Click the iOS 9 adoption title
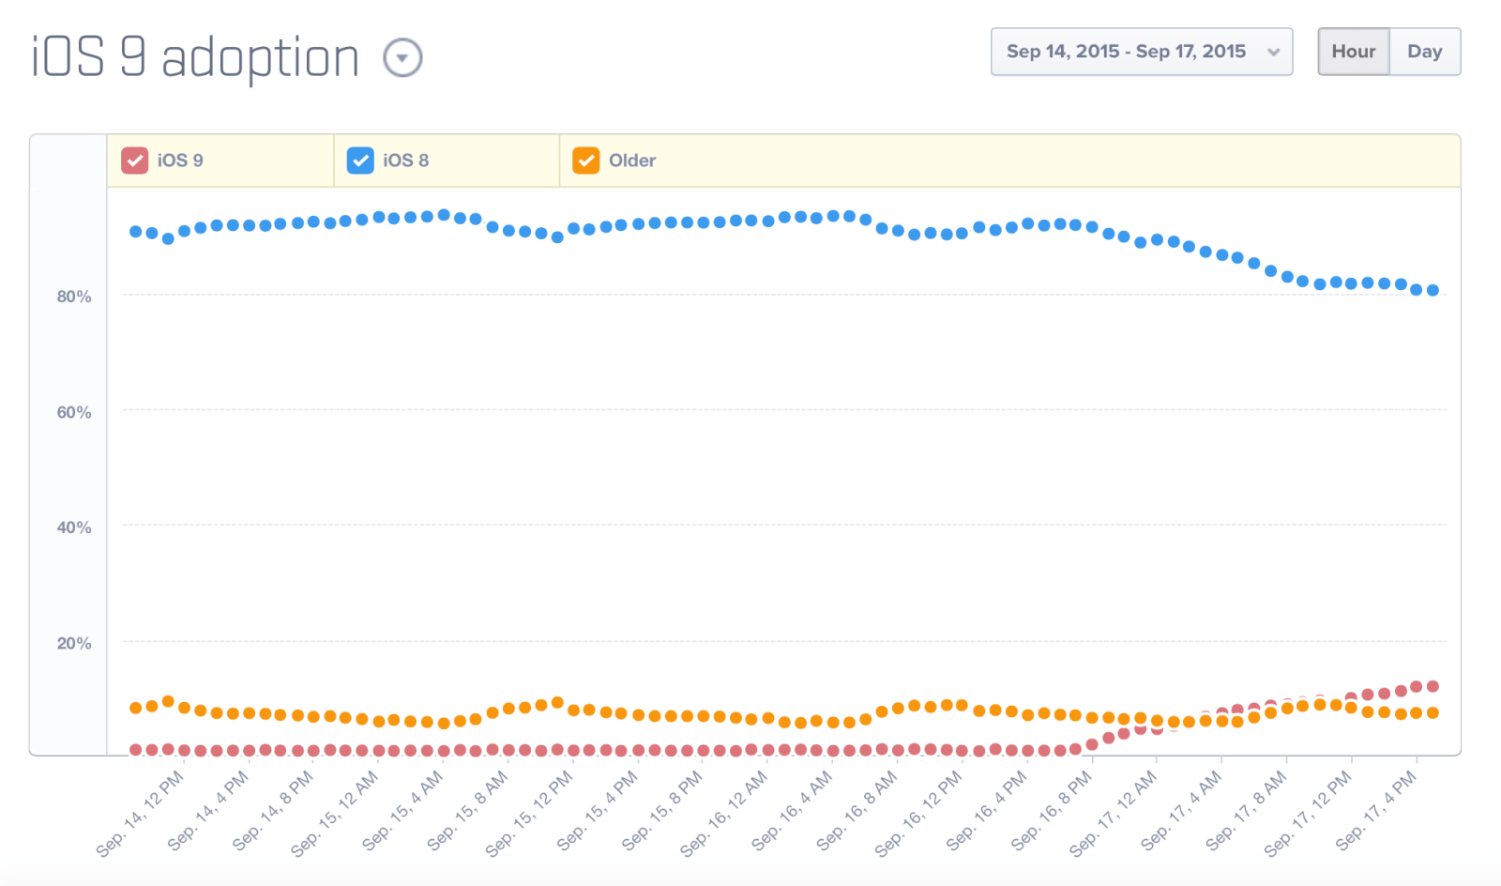pyautogui.click(x=195, y=58)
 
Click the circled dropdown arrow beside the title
pyautogui.click(x=402, y=58)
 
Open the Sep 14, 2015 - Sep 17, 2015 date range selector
pyautogui.click(x=1141, y=52)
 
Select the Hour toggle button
pyautogui.click(x=1353, y=52)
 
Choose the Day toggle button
pyautogui.click(x=1424, y=52)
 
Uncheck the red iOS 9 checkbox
pyautogui.click(x=135, y=160)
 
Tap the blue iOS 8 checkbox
pyautogui.click(x=360, y=160)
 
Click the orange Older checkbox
pyautogui.click(x=586, y=160)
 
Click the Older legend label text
pyautogui.click(x=632, y=160)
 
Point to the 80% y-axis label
pyautogui.click(x=74, y=297)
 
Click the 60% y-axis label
pyautogui.click(x=74, y=412)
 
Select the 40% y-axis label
pyautogui.click(x=74, y=527)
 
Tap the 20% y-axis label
pyautogui.click(x=74, y=643)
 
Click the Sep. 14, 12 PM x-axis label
pyautogui.click(x=141, y=813)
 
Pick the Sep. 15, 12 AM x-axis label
pyautogui.click(x=335, y=813)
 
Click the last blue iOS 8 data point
pyautogui.click(x=1433, y=291)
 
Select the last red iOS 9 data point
pyautogui.click(x=1433, y=686)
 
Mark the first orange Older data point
pyautogui.click(x=136, y=708)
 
